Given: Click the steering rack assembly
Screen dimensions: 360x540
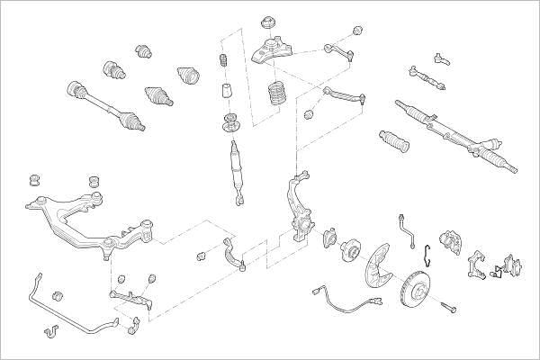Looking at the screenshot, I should [454, 135].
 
